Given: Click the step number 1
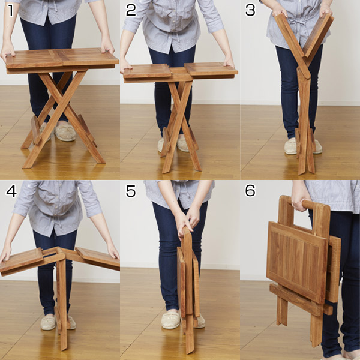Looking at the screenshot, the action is click(10, 11).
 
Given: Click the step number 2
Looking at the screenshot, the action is click(131, 10).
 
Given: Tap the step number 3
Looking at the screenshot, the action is click(250, 10).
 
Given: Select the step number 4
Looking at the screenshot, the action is click(11, 191).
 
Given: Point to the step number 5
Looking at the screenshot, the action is click(131, 191).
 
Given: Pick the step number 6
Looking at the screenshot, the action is click(250, 191).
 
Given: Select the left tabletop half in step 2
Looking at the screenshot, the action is click(147, 71).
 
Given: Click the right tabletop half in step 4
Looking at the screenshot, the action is click(98, 257).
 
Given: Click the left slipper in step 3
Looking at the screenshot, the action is click(290, 146).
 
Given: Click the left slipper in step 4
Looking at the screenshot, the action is click(48, 322).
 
